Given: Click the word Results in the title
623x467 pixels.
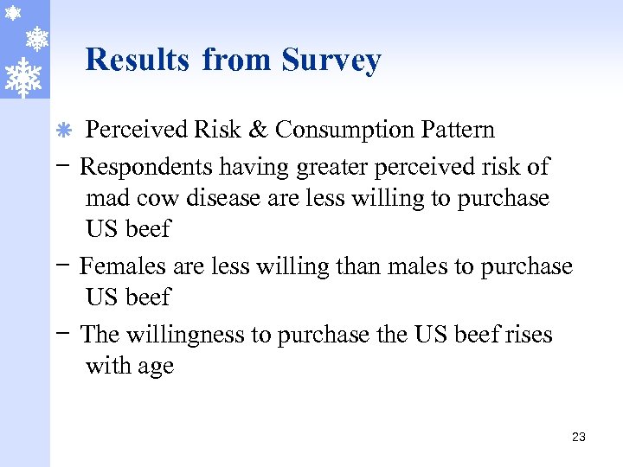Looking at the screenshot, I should [138, 60].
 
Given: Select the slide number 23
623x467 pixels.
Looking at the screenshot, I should [579, 438].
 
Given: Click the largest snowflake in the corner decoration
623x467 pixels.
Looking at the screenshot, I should [23, 77].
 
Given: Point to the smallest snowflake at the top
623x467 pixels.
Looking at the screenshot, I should [11, 14].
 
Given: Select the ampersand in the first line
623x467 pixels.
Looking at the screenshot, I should [257, 130].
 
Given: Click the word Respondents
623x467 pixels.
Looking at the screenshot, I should [147, 165].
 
